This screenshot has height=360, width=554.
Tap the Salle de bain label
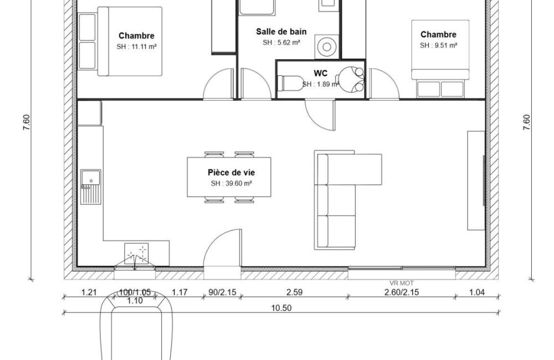tap(281, 32)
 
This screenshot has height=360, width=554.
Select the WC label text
tap(320, 73)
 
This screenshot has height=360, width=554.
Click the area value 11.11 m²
tap(141, 47)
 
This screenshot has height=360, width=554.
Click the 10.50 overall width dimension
tap(281, 308)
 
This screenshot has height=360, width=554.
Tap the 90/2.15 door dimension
tap(222, 292)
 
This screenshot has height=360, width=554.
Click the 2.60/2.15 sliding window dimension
tap(401, 292)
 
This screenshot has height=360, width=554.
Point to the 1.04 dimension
tap(476, 292)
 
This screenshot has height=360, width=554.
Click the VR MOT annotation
tap(401, 283)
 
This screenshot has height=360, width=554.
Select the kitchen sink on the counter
tap(91, 187)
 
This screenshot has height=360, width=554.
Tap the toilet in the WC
tap(289, 83)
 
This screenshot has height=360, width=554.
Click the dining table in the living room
tap(229, 177)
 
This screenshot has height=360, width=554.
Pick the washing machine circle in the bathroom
tap(327, 47)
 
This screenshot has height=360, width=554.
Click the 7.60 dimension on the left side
tap(27, 123)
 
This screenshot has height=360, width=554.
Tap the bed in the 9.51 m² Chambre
tap(440, 49)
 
